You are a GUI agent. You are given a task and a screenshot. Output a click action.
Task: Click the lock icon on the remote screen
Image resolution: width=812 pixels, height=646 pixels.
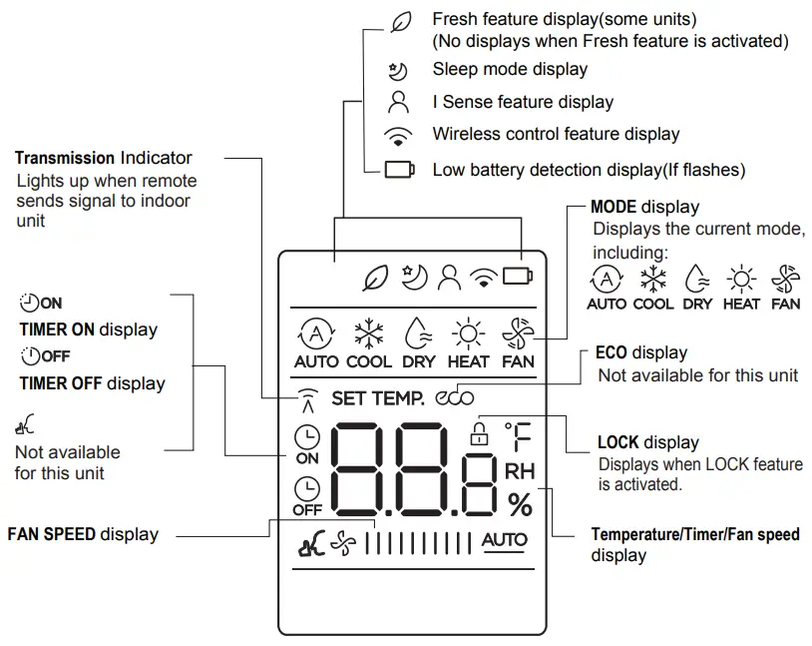coord(480,433)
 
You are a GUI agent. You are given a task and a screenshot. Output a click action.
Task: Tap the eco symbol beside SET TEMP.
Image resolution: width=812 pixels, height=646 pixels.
coord(455,397)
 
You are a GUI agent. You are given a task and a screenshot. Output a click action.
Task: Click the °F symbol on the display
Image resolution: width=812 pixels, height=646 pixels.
coord(518,436)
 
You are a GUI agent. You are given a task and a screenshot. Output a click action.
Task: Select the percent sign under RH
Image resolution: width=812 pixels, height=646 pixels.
coord(520,506)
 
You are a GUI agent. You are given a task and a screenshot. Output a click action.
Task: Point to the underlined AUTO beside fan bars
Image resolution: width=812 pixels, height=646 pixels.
coord(505,540)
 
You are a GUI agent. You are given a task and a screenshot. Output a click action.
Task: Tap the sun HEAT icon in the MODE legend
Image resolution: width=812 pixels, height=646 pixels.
coord(741,277)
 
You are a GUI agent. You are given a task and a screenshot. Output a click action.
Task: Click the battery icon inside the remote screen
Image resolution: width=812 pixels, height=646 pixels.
coord(518,277)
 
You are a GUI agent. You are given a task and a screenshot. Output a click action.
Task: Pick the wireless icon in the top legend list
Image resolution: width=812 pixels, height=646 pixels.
coord(398,135)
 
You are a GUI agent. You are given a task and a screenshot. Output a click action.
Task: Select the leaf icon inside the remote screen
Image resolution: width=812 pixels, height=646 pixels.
coord(375,278)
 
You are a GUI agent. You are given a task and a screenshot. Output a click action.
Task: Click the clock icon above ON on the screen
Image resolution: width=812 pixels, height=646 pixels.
coord(307,436)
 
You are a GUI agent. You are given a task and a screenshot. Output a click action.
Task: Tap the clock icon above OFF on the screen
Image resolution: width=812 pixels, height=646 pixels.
coord(307,487)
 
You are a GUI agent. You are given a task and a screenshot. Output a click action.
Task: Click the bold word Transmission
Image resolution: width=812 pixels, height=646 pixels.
coord(65,158)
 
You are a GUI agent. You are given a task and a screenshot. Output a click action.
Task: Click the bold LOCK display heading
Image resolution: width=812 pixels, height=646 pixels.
coord(619,442)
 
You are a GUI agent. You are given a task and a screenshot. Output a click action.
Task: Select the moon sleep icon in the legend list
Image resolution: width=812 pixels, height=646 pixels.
coord(398,70)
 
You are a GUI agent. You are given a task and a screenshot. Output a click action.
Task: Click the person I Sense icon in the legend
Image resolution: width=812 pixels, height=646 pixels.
coord(398,102)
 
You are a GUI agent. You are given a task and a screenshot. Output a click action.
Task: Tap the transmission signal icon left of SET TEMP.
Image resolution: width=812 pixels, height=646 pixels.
coord(306,399)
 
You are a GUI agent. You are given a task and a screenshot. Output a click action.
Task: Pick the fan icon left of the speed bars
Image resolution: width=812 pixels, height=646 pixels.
coord(343,545)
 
